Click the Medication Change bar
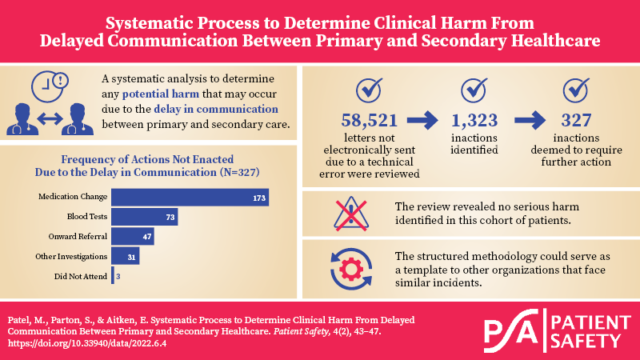click(x=190, y=197)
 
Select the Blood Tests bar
click(x=144, y=217)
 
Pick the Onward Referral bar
click(x=132, y=237)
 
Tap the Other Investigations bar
click(x=126, y=256)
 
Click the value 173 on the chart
click(x=258, y=197)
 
